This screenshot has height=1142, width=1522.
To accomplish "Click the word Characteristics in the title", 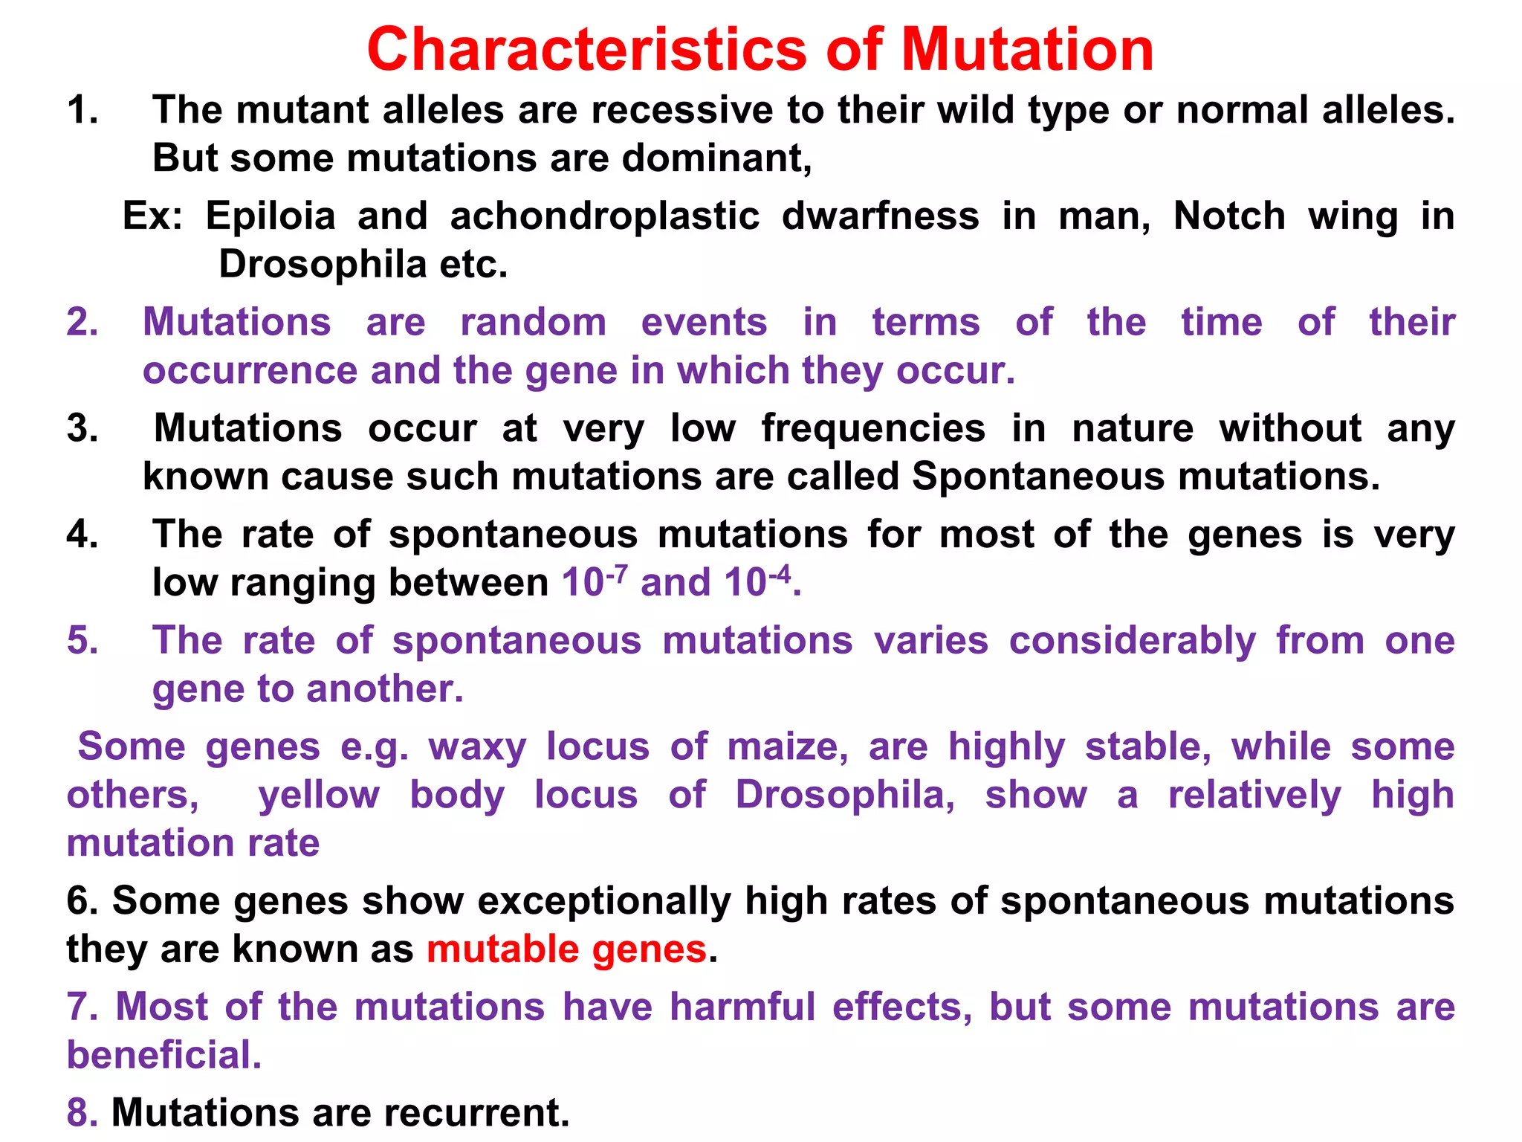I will coord(586,50).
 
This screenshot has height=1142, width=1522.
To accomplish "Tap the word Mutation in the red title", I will coord(1028,50).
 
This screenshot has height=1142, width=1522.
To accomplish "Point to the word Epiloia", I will coord(271,216).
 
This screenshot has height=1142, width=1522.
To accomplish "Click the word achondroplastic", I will coord(604,216).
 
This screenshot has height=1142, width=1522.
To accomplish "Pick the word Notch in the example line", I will coord(1229,216).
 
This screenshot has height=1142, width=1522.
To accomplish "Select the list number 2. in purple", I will coord(82,323).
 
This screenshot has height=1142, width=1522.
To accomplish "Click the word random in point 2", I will coord(533,323).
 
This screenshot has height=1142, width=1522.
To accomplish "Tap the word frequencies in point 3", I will coord(873,429).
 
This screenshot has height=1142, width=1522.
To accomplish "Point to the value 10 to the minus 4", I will coord(757,581).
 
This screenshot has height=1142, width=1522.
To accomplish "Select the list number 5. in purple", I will coord(82,641).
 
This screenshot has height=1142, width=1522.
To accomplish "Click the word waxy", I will coord(477,747).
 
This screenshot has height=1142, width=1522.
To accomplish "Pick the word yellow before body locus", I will coord(319,795).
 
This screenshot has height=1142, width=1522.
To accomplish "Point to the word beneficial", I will coord(163,1055).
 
